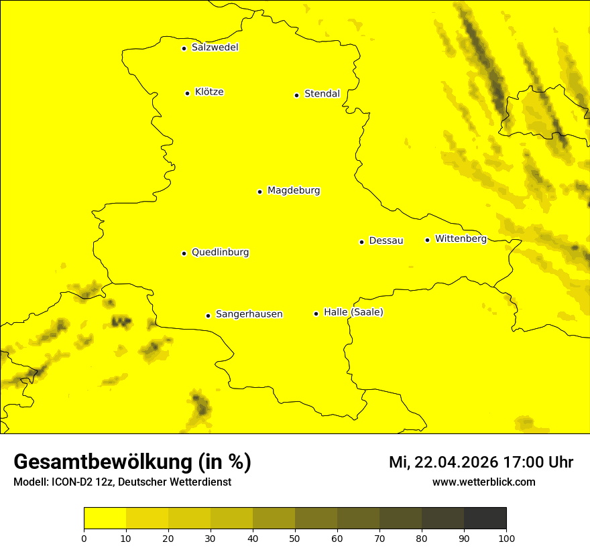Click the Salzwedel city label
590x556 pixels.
coord(215,48)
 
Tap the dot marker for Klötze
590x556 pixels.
coord(187,93)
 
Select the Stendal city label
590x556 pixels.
coord(322,94)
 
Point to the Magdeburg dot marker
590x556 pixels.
coord(259,192)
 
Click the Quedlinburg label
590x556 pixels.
coord(220,253)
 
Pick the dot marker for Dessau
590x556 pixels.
coord(361,242)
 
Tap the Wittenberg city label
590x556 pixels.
coord(461,238)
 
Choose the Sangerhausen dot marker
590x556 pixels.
coord(208,316)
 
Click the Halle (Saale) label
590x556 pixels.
coord(353,312)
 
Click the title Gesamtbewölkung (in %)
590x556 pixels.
coord(132,462)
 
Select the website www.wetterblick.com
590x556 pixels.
coord(483,482)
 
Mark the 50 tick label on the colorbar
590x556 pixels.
coord(295,537)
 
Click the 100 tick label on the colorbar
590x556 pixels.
coord(506,537)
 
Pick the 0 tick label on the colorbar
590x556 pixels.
coord(84,537)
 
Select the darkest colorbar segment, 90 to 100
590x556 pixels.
coord(485,518)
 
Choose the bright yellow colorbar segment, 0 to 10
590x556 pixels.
coord(105,518)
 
